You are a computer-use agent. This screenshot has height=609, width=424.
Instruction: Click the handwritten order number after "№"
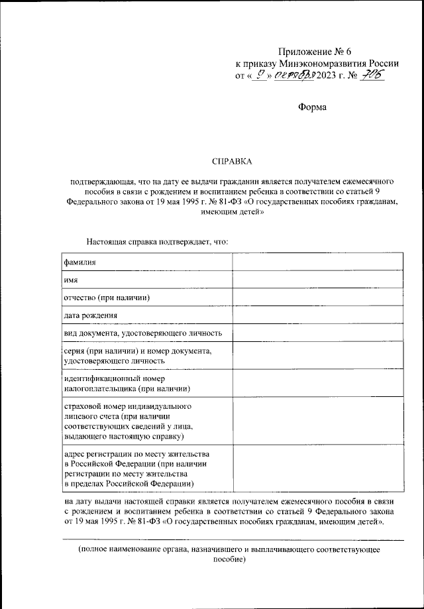[x=371, y=76]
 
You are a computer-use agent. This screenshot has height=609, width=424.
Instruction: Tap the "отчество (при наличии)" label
[x=107, y=298]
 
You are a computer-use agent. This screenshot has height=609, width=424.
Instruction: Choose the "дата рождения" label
[x=91, y=315]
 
